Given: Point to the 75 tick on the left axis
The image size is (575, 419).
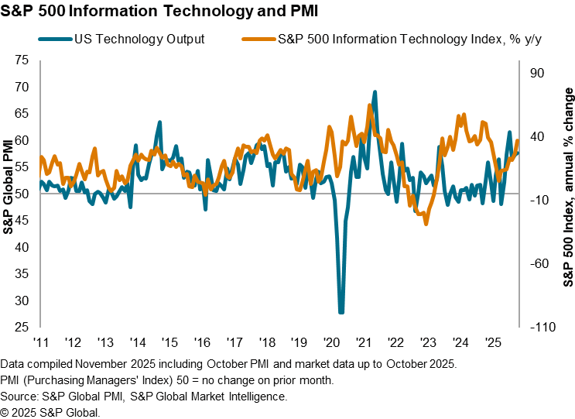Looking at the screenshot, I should click(22, 60).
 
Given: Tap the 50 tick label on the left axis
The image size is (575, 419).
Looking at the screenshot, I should click(22, 194).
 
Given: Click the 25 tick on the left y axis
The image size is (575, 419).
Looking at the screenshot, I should click(22, 328).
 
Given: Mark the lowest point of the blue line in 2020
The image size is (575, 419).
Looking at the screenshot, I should click(341, 313).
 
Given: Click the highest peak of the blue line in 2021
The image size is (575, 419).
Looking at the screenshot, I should click(375, 91).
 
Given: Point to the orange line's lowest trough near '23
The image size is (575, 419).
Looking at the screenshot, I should click(426, 224).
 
